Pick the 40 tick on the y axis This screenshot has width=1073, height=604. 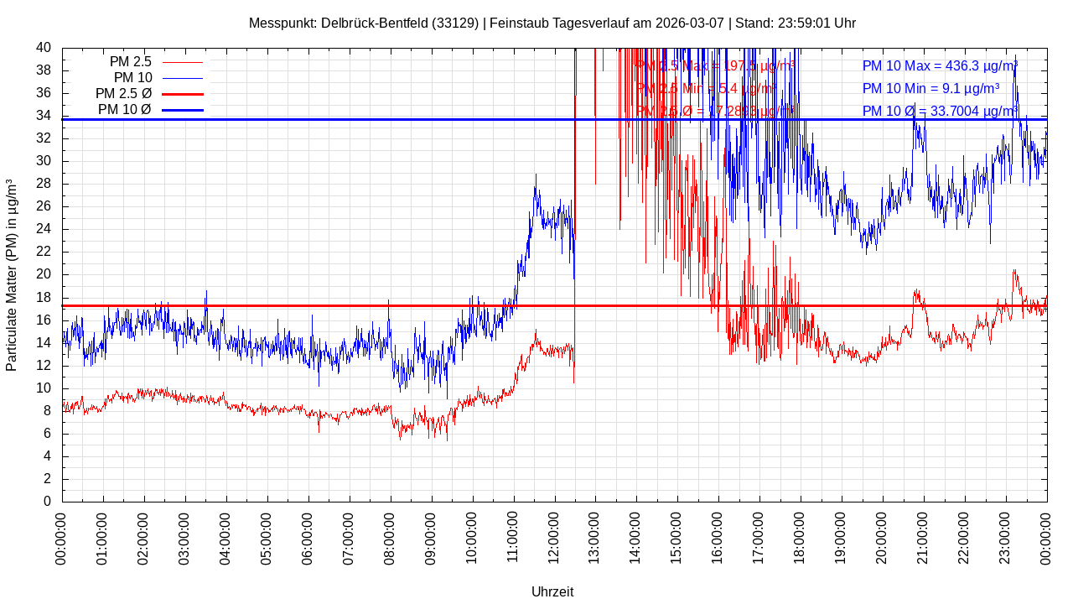(44, 48)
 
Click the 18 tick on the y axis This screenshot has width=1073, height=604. (44, 298)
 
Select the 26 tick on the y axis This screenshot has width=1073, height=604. (44, 206)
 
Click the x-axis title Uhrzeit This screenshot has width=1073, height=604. (552, 591)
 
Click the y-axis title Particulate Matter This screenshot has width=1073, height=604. (12, 275)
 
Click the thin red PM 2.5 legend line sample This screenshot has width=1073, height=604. (182, 62)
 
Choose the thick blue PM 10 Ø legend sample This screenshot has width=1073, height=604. (182, 110)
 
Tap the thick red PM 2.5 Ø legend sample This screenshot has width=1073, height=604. (182, 94)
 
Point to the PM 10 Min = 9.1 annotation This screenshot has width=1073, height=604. (930, 88)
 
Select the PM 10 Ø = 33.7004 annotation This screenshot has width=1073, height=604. (939, 111)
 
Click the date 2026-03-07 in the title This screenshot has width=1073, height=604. (691, 23)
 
